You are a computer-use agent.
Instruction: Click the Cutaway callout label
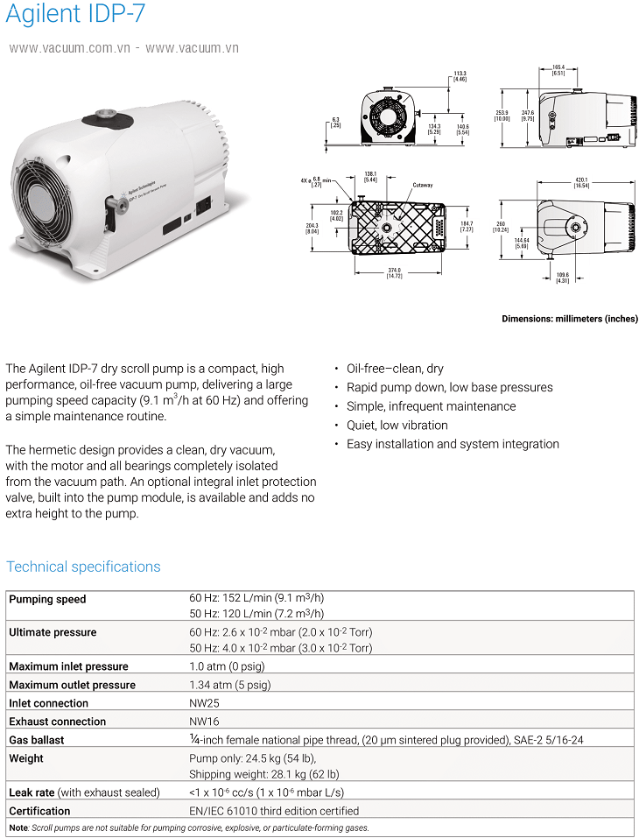[424, 185]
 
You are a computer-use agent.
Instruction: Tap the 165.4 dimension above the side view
[558, 69]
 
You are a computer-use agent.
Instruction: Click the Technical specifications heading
[83, 567]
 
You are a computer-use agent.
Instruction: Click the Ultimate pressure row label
[53, 632]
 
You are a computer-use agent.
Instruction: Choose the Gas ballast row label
[37, 740]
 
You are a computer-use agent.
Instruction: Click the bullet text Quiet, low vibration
[397, 425]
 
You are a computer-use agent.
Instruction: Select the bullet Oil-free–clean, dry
[395, 369]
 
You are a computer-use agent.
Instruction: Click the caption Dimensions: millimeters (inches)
[570, 319]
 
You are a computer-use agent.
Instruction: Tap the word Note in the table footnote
[18, 827]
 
